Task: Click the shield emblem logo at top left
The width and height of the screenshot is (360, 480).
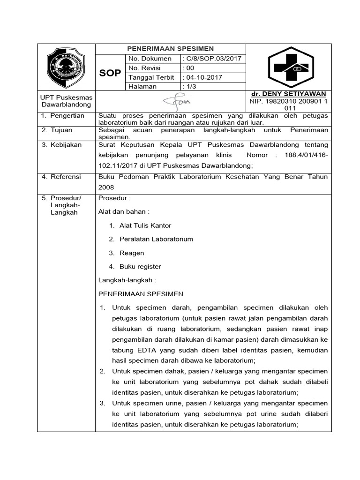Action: (x=66, y=67)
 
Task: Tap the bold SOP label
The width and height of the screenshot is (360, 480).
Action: (x=110, y=73)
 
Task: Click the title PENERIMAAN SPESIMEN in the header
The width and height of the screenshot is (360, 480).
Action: (x=171, y=49)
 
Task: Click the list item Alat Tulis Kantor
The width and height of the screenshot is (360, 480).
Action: (x=145, y=225)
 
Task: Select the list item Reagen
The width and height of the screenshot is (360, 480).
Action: (x=132, y=253)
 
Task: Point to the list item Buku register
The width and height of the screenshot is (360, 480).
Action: (x=140, y=266)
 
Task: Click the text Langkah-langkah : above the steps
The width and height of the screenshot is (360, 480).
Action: (x=127, y=280)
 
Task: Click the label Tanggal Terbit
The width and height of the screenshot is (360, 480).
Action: (x=151, y=77)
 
